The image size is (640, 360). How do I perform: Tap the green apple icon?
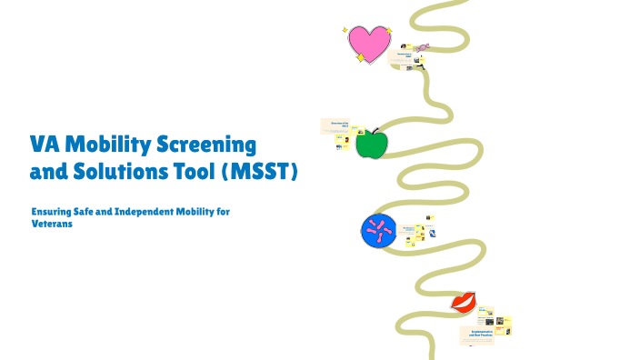tap(371, 145)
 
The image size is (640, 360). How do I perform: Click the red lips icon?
tap(465, 300)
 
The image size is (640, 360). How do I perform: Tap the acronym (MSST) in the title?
tap(261, 170)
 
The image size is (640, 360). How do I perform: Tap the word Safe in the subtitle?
tap(92, 211)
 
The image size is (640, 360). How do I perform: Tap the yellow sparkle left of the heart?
tap(345, 30)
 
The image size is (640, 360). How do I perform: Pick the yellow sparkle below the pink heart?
tap(361, 58)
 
